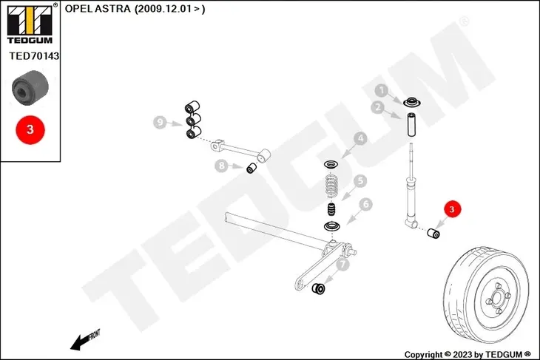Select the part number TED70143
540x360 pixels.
(34, 55)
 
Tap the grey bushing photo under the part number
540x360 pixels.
(30, 87)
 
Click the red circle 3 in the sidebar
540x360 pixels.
(30, 129)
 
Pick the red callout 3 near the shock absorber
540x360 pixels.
(452, 209)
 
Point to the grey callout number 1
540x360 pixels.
(381, 90)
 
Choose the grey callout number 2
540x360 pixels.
(378, 107)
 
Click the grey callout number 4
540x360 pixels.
(360, 138)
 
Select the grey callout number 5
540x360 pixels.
(360, 180)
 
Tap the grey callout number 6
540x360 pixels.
(365, 204)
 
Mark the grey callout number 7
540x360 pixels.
(342, 265)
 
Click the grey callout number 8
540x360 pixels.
(221, 166)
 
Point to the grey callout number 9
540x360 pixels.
(160, 122)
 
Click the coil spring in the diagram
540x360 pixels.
(331, 186)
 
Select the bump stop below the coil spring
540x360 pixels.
(331, 209)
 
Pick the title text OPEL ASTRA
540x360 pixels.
(98, 9)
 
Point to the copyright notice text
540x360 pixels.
(468, 355)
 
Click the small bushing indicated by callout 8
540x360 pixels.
(252, 168)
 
